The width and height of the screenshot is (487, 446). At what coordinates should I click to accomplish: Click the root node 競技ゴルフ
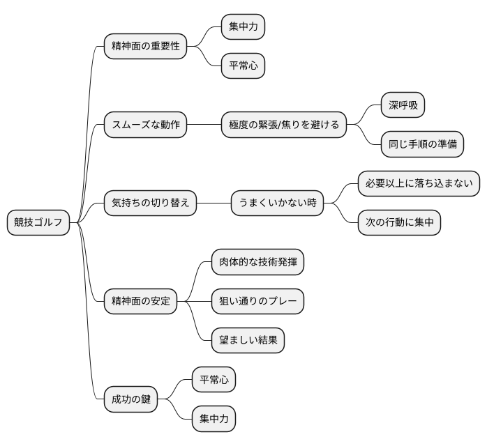pyautogui.click(x=38, y=223)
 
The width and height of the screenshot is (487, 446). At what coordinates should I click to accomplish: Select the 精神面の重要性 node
pyautogui.click(x=145, y=47)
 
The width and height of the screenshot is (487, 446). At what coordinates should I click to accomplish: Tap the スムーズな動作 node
pyautogui.click(x=145, y=125)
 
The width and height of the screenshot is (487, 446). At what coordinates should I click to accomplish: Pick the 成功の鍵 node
pyautogui.click(x=130, y=400)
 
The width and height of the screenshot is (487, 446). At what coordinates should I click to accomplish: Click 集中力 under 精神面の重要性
pyautogui.click(x=243, y=27)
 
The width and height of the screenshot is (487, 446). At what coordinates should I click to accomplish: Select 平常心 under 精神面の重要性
pyautogui.click(x=243, y=66)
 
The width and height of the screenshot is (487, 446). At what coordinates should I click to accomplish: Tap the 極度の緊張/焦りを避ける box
pyautogui.click(x=284, y=125)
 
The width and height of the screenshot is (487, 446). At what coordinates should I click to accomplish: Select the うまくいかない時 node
pyautogui.click(x=278, y=203)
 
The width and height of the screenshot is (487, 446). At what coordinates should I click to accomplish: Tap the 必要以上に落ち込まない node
pyautogui.click(x=419, y=184)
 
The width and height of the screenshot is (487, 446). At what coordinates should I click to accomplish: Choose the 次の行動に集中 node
pyautogui.click(x=399, y=223)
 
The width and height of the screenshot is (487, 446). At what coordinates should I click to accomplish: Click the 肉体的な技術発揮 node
pyautogui.click(x=257, y=263)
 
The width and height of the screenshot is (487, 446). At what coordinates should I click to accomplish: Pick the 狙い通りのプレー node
pyautogui.click(x=257, y=302)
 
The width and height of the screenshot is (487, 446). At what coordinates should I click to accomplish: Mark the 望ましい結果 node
pyautogui.click(x=248, y=341)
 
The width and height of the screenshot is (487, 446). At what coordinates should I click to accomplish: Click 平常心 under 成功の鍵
pyautogui.click(x=213, y=380)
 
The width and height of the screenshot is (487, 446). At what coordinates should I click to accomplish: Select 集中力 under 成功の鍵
pyautogui.click(x=213, y=420)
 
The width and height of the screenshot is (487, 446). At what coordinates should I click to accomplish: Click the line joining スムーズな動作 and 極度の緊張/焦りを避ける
pyautogui.click(x=204, y=125)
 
